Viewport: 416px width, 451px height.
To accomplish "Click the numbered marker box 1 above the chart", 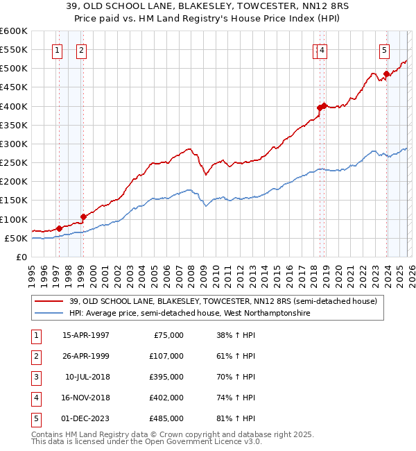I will click(56, 49).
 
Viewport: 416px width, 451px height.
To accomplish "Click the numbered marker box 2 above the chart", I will click(81, 49).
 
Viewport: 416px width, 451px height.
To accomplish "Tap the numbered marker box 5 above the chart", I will click(383, 49).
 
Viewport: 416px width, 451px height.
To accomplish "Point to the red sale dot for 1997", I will click(59, 228).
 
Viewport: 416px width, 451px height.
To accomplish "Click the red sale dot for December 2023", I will click(386, 74).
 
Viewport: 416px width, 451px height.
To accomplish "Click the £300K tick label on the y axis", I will click(13, 144).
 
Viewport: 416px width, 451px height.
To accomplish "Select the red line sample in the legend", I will click(49, 301).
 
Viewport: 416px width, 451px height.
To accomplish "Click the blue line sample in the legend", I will click(49, 313).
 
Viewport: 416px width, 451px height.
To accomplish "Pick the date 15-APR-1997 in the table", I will click(86, 335).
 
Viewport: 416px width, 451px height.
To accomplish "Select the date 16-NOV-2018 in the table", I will click(86, 398).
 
